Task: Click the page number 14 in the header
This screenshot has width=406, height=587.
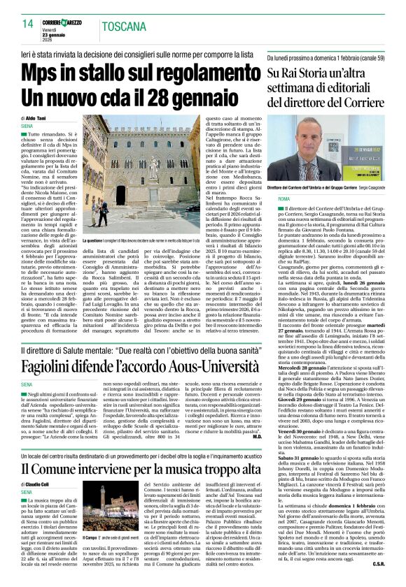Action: click(27, 24)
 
